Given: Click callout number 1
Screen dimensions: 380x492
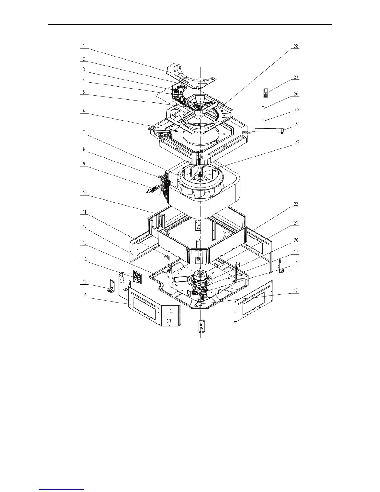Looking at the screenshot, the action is click(84, 46).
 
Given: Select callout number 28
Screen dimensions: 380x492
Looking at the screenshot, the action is click(296, 46).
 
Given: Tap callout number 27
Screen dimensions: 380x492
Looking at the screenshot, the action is click(296, 77).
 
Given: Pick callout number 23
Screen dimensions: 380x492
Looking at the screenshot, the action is click(297, 143).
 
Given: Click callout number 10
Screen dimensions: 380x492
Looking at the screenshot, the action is click(84, 193).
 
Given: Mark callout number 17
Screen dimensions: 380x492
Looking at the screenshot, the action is click(296, 290).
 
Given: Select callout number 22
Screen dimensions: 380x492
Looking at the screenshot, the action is click(296, 204).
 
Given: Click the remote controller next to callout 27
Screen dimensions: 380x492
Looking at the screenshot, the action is click(266, 93).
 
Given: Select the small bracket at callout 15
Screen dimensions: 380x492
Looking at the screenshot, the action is click(111, 286).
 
